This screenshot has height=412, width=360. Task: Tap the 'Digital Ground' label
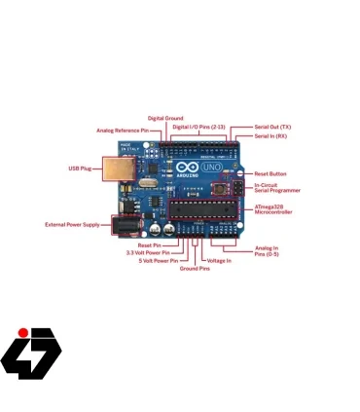click(164, 118)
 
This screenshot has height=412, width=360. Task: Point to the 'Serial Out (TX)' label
click(272, 127)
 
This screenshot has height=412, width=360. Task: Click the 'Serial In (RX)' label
click(271, 135)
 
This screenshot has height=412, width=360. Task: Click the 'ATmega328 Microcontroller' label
click(274, 209)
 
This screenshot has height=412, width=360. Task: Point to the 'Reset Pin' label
click(150, 244)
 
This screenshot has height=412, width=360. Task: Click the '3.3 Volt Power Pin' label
click(143, 252)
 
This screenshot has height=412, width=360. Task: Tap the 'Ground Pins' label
click(195, 268)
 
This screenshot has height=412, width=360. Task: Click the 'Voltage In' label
click(219, 260)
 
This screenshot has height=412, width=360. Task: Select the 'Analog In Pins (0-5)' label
click(268, 251)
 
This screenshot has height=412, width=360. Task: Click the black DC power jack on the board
click(125, 225)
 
